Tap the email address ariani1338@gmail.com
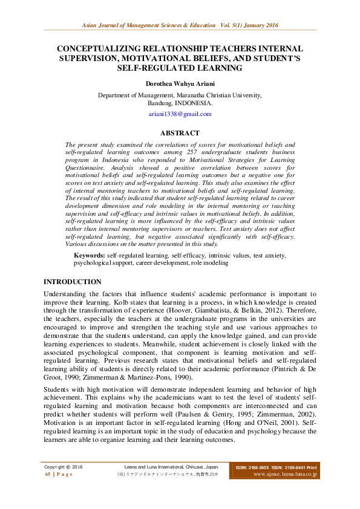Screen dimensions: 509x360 coord(180,114)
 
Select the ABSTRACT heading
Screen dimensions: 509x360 coord(180,133)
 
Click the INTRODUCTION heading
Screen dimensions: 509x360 coord(73,282)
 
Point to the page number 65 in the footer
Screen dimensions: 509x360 coord(48,475)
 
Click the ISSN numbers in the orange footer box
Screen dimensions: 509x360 coord(276,467)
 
